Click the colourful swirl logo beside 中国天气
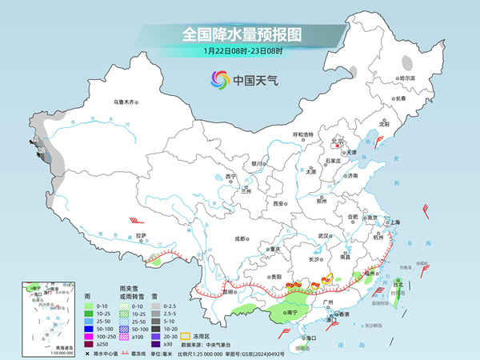[219, 79]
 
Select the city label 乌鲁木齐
[126, 102]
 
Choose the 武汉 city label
[323, 237]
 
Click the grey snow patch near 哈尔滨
[408, 61]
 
